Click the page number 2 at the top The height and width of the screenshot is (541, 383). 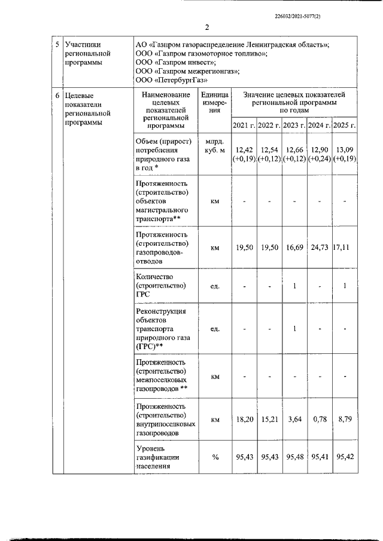(x=206, y=27)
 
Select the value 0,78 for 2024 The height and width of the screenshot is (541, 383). (x=319, y=420)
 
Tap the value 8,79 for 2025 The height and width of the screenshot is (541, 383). (x=344, y=420)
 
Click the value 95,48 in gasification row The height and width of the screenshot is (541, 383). (x=294, y=457)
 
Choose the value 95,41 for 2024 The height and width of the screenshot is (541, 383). (x=319, y=457)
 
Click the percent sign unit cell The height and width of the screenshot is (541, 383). (x=215, y=457)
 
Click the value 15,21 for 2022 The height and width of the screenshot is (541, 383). (x=269, y=420)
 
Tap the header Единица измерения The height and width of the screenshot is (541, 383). (x=215, y=102)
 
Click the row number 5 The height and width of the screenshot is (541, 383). (x=57, y=44)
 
